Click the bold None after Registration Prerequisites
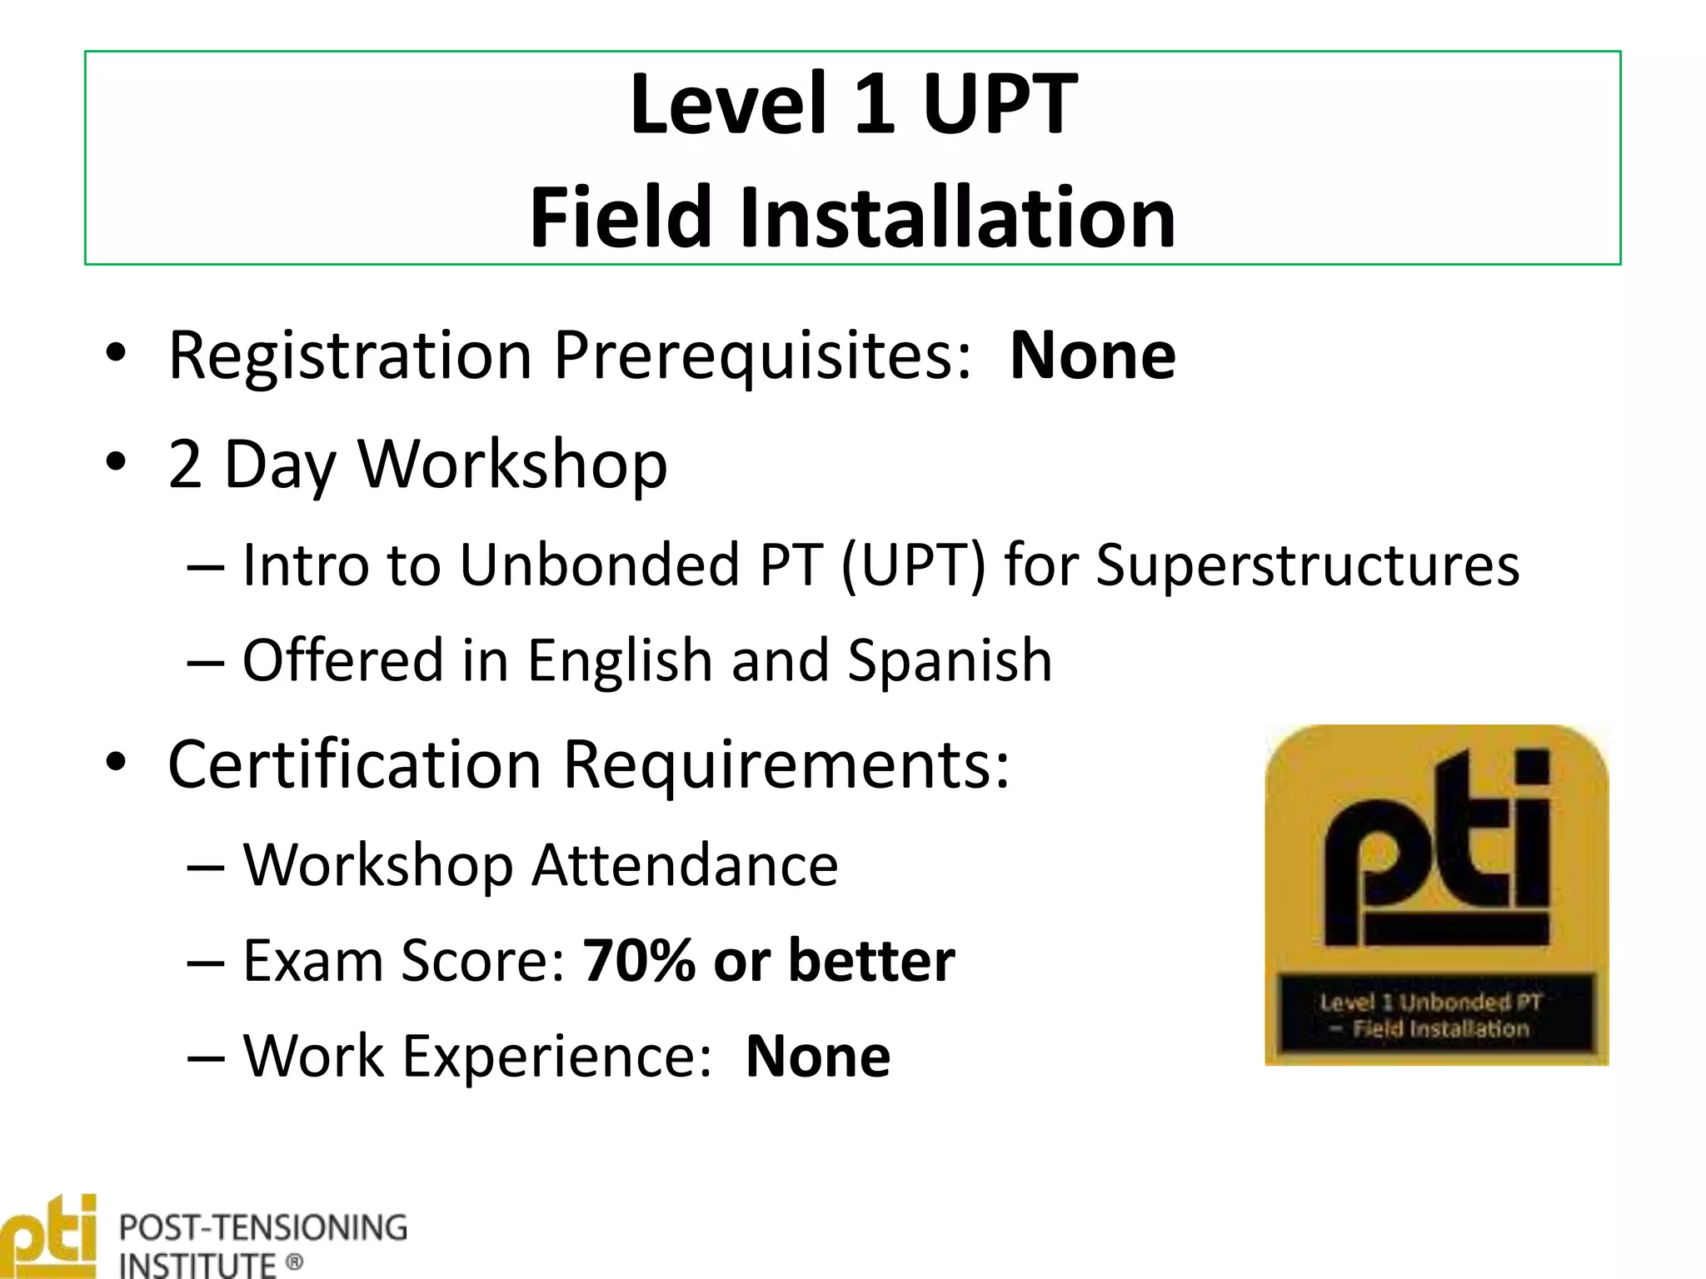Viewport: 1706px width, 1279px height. click(1092, 356)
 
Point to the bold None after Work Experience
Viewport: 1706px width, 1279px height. click(818, 1057)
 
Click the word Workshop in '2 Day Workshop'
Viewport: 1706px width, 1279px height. click(512, 465)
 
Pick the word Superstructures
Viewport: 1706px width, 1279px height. click(1307, 565)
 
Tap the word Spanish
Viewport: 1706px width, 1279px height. click(950, 660)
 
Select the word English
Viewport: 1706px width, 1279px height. click(620, 660)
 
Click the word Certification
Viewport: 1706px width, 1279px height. click(355, 764)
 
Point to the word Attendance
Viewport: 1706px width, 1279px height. click(685, 865)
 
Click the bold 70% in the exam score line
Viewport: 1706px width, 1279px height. click(639, 961)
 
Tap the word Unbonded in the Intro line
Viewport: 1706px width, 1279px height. click(600, 565)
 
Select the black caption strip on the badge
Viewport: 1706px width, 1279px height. click(1436, 1014)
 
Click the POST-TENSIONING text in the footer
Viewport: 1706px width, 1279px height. click(263, 1228)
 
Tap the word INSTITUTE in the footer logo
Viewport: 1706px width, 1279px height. click(197, 1265)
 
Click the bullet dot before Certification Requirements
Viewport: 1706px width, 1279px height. click(116, 762)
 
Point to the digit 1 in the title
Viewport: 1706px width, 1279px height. click(875, 105)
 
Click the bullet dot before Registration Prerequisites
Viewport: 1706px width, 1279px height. click(116, 352)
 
